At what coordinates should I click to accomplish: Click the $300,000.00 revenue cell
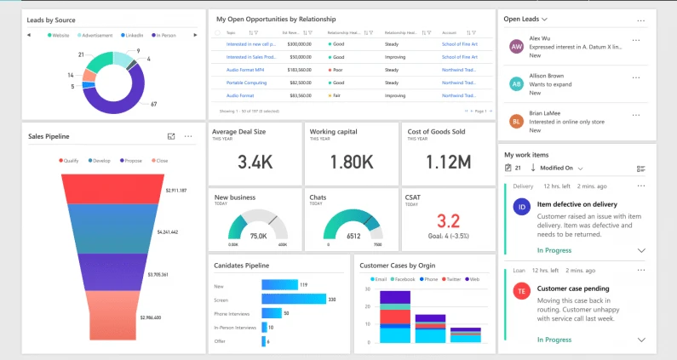[299, 43]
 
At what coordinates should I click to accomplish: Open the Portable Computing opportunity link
[247, 83]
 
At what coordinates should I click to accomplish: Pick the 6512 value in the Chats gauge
[353, 236]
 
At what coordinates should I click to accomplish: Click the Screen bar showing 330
[294, 299]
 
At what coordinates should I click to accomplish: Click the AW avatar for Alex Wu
[516, 47]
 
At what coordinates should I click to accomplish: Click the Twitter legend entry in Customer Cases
[450, 279]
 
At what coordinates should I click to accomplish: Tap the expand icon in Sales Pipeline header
[171, 136]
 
